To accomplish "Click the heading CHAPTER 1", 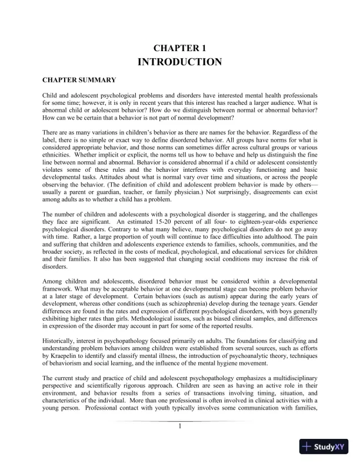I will pyautogui.click(x=179, y=48).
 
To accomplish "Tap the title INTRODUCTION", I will pyautogui.click(x=179, y=62).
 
